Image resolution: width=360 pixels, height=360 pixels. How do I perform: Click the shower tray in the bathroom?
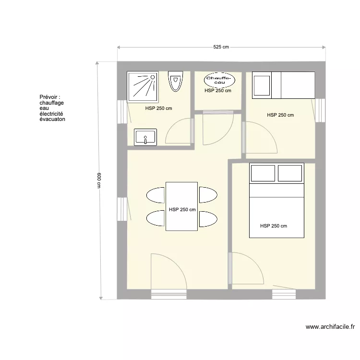point(142,87)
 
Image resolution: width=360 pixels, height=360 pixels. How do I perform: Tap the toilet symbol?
point(176,81)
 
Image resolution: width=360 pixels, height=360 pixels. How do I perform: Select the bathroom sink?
point(146,137)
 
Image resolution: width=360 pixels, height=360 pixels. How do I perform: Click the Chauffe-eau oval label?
point(218,79)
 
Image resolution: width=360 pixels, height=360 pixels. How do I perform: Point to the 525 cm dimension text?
point(221,47)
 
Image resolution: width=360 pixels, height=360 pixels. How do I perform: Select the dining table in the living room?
point(182,206)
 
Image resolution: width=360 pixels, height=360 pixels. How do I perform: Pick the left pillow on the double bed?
point(263,173)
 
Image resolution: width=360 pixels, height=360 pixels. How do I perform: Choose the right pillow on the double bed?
point(290,173)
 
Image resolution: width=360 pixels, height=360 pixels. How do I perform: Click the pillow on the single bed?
point(262,85)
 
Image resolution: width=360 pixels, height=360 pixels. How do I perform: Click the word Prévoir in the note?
point(49,97)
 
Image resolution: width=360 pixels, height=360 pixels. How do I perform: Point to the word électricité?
point(51,114)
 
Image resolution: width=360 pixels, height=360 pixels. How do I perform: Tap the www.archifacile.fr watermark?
point(330,327)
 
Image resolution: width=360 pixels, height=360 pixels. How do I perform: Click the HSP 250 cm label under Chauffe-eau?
point(218,91)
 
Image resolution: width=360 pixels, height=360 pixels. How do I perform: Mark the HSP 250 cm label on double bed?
point(274,226)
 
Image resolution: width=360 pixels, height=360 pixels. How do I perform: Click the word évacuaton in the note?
point(52,119)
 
